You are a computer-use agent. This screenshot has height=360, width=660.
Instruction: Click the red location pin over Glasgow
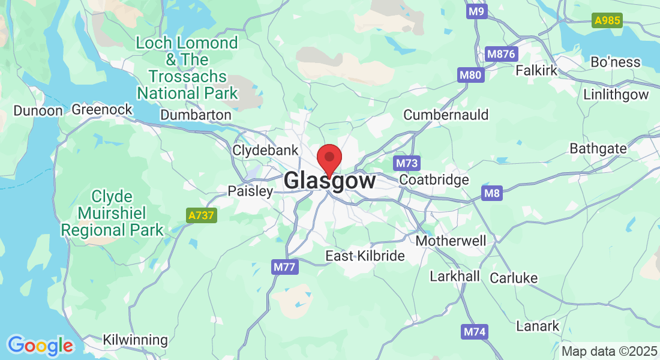pos(329,158)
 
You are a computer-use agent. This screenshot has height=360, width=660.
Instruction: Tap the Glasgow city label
pos(330,181)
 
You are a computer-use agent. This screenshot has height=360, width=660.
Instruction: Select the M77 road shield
pos(284,267)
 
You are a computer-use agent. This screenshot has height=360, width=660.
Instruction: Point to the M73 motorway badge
pos(407,163)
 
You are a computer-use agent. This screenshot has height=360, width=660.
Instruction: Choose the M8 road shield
pos(491,193)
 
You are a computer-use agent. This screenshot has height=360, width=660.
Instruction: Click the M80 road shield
pos(470,76)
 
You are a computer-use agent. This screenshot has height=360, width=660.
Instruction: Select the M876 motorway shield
pos(501,54)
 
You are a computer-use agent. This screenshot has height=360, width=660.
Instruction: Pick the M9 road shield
pos(477,11)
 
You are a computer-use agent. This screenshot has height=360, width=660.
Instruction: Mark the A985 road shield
pos(607,21)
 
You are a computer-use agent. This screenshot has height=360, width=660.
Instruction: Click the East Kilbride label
pos(365,256)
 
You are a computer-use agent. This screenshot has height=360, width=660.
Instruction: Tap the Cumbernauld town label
pos(446,115)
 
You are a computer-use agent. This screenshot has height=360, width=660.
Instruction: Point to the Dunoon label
pos(38,110)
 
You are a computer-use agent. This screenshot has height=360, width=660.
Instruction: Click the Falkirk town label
pos(536,70)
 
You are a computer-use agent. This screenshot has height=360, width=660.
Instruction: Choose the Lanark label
pos(538,326)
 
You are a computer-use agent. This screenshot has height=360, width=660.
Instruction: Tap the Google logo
pos(40,346)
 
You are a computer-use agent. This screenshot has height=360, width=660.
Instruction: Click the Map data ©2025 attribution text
pos(608,351)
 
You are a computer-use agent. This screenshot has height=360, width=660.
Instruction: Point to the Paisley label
pos(250,191)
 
